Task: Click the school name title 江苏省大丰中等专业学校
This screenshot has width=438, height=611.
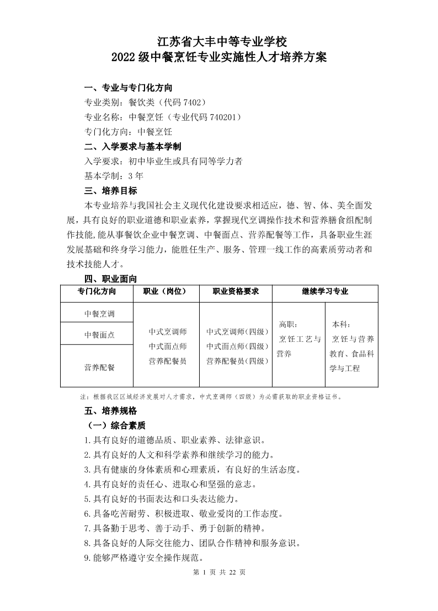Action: point(219,41)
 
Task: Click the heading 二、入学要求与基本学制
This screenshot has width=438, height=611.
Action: point(132,147)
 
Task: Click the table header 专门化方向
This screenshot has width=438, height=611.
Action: point(97,291)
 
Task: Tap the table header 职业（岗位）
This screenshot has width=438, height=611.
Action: point(167,291)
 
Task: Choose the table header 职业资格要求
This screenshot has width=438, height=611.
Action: point(236,291)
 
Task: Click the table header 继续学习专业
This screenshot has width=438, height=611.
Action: point(325,291)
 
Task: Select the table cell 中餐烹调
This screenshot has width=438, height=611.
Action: point(99,314)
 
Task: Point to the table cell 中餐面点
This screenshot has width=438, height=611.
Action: point(99,335)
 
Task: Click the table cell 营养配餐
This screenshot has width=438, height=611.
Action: point(99,367)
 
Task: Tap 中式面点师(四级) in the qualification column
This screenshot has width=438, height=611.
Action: point(237,346)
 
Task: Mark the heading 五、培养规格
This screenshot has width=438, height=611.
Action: point(110,411)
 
